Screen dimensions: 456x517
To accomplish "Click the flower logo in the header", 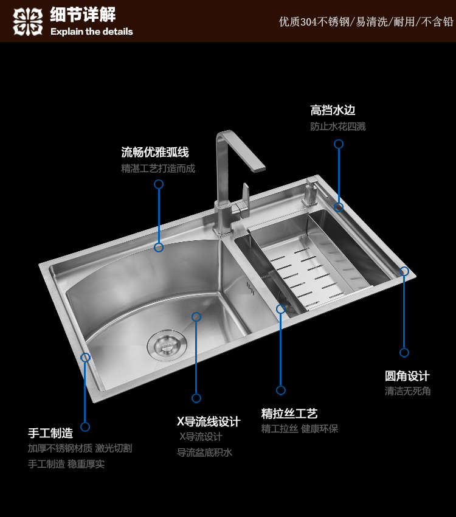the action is pos(28,22).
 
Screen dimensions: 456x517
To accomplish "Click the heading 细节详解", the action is pos(83,15).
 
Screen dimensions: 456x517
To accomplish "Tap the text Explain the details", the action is pos(92,32).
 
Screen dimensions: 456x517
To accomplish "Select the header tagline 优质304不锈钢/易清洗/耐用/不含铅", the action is pos(366,22).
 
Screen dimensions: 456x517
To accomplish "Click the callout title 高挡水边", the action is pos(333,110).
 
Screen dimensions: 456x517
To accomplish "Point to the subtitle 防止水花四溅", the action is pos(337,127).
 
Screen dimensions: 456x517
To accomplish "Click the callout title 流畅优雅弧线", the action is pos(155,152).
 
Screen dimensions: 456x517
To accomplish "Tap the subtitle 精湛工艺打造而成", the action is pos(158,168).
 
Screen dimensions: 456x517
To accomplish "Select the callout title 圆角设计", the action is pos(407,376).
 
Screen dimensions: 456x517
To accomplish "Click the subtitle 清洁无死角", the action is pos(407,391).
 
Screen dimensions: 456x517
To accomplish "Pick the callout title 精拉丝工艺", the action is pos(289,414).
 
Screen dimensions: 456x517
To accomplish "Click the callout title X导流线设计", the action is pos(209,422).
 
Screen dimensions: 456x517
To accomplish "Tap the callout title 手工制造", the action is pos(50,433).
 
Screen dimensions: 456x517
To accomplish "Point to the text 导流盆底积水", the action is pos(204,453).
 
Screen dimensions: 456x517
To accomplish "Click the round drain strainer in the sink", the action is pos(167,345).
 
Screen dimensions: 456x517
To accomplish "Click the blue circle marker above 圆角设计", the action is pos(404,352).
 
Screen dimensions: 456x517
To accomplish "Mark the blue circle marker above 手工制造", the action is pos(85,426).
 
